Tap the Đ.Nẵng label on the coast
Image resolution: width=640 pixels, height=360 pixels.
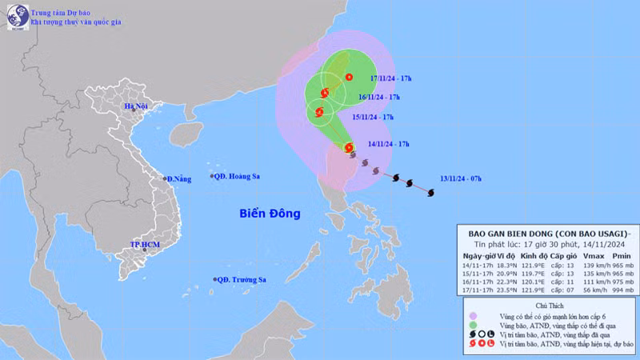point(179,178)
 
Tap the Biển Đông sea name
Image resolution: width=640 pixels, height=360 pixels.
point(269,214)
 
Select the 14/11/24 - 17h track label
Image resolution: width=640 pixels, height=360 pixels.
point(390,144)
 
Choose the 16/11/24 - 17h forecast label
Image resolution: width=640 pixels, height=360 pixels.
point(379,97)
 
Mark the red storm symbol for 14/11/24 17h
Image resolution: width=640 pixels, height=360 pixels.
point(348,147)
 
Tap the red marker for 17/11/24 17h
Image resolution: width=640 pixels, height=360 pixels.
point(349,77)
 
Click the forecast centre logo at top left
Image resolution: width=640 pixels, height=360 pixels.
point(18,17)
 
